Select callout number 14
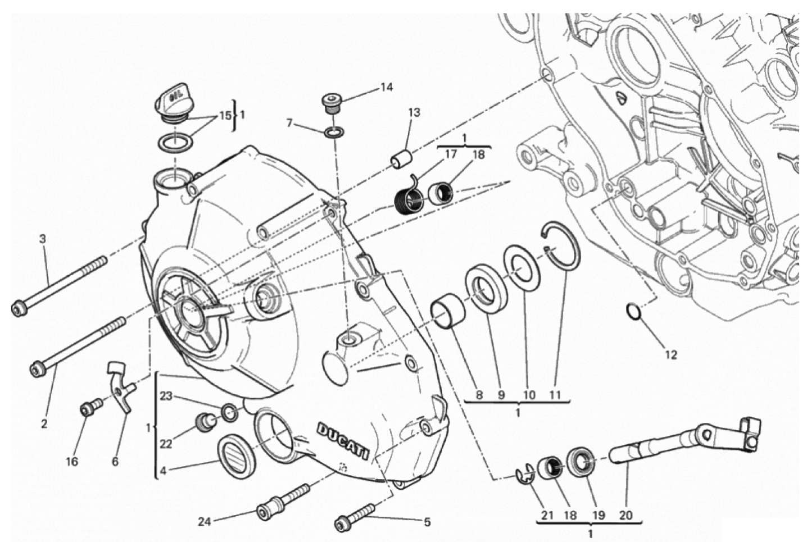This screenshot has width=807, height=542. coord(386,87)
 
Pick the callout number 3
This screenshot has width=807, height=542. coord(43,239)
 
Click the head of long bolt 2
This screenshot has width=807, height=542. coord(37,369)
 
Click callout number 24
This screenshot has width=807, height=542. coord(205,522)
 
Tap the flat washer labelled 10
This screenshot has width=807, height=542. coord(520,264)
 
